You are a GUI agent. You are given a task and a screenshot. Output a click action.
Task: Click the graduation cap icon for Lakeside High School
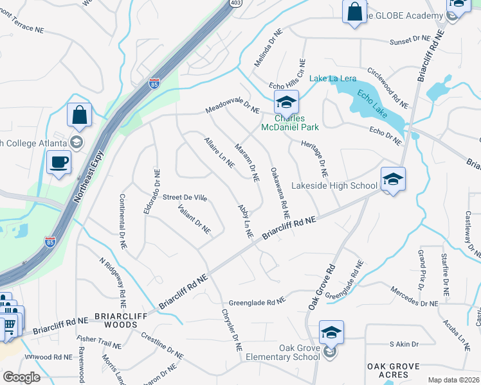pos(393,179)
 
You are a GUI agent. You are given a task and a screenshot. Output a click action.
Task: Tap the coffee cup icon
pos(59,162)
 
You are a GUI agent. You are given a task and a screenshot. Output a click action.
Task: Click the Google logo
pos(22,377)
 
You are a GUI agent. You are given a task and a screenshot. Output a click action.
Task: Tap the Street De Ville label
pos(185,198)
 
